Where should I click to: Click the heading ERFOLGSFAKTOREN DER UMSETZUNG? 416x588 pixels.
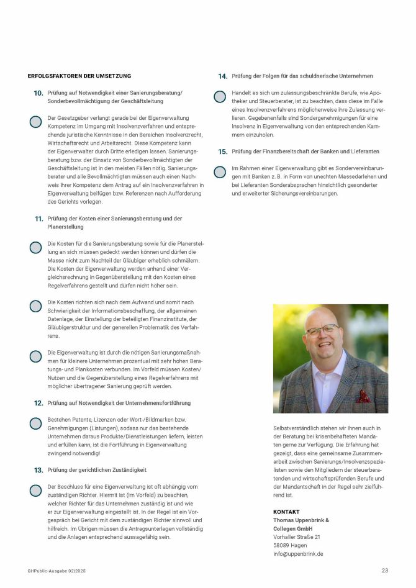(x=79, y=76)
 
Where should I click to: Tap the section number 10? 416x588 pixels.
(x=38, y=93)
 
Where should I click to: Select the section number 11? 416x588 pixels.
(x=38, y=219)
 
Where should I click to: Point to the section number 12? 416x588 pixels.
(x=38, y=404)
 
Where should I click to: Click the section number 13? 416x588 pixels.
(x=38, y=471)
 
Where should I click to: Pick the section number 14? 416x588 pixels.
(x=222, y=76)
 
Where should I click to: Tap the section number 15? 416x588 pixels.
(x=222, y=152)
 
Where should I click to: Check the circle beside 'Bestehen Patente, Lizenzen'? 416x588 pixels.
(x=35, y=423)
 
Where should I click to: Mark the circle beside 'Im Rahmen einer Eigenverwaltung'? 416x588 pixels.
(x=220, y=172)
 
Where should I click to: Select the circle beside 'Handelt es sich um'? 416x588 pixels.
(x=220, y=96)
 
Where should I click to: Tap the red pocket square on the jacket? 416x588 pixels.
(x=363, y=396)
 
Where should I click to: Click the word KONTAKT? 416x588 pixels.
(x=286, y=512)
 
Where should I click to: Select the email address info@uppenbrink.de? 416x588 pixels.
(x=298, y=554)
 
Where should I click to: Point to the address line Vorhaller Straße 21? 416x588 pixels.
(x=297, y=537)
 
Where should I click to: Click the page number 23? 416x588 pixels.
(x=385, y=570)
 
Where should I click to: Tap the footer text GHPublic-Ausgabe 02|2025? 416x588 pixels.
(x=55, y=571)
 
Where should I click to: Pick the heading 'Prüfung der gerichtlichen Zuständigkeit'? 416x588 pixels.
(x=97, y=471)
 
